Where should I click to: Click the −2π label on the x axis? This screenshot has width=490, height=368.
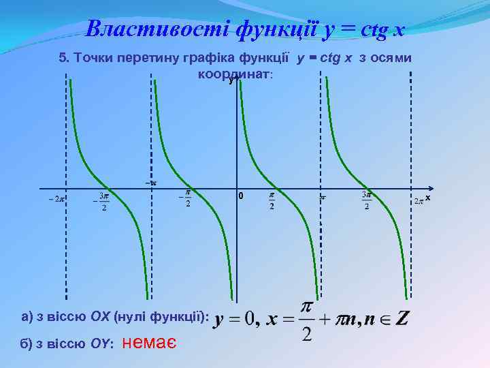(55, 199)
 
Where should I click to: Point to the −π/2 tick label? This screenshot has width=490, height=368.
(184, 199)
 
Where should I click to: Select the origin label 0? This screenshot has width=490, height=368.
(240, 197)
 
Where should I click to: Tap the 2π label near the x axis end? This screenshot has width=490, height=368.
(419, 201)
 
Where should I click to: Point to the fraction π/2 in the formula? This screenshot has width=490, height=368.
(307, 320)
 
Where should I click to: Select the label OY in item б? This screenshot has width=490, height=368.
(101, 344)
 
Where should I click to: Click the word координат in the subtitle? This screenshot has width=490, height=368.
(235, 73)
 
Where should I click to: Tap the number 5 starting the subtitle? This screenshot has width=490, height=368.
(64, 58)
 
